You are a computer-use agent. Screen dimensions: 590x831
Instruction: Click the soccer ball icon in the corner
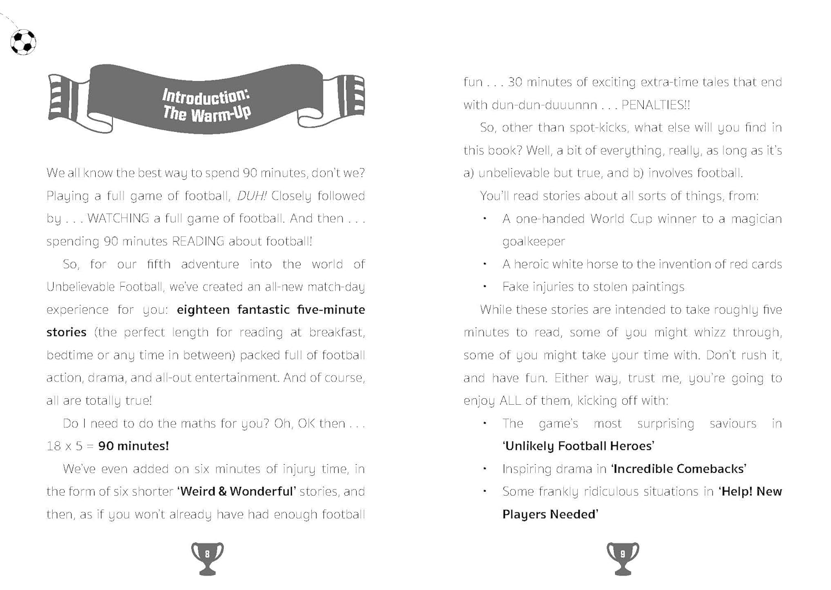pos(23,42)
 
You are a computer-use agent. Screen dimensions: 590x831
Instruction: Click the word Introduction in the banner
pos(205,96)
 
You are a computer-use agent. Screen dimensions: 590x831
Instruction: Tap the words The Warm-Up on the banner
pos(207,114)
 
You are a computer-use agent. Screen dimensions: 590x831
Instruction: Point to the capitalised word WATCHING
pos(118,218)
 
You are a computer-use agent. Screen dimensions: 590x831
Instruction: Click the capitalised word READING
pos(198,241)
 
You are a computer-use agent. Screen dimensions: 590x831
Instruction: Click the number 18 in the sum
pos(54,446)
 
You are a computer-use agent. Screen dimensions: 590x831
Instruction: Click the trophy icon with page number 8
pos(207,557)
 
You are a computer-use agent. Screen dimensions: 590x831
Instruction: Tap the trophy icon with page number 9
pos(623,557)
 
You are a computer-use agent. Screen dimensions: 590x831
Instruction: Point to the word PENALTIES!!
pos(655,105)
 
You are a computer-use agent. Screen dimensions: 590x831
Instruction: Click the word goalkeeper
pos(534,241)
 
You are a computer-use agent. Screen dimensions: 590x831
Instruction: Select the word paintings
pos(659,287)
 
